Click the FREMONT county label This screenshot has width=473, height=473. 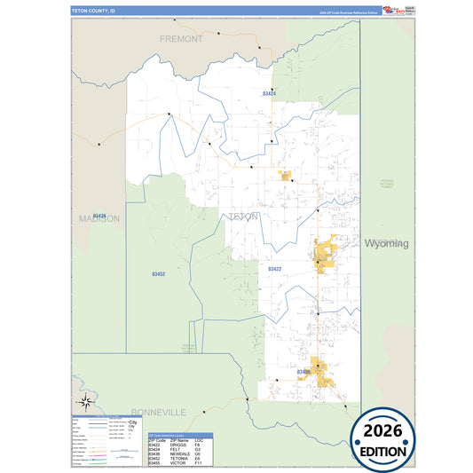[x=181, y=39]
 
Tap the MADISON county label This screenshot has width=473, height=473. [x=99, y=218]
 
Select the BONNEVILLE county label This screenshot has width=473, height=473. [x=157, y=413]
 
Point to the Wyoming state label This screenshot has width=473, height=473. [x=386, y=243]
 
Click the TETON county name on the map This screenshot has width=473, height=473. [x=244, y=217]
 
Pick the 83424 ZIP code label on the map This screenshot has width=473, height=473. [x=270, y=93]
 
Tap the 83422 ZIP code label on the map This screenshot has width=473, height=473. [x=274, y=268]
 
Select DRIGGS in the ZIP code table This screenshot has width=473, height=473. [x=177, y=445]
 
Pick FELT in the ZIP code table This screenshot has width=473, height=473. [x=175, y=449]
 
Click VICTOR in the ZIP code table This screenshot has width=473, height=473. [x=177, y=463]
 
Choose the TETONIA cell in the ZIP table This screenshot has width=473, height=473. [x=178, y=459]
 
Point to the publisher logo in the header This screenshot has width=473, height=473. [x=390, y=10]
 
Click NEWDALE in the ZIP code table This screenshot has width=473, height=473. [x=179, y=454]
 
